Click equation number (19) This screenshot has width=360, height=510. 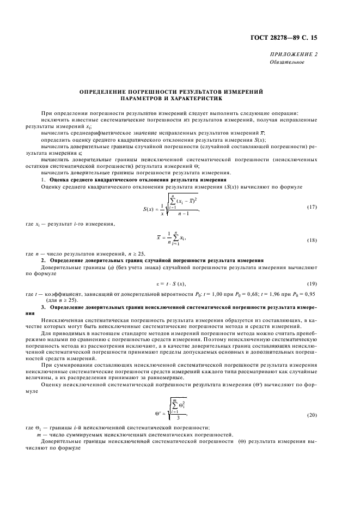[x=311, y=284]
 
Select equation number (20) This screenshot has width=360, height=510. [x=311, y=415]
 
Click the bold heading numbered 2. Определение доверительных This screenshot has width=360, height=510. [x=152, y=260]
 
